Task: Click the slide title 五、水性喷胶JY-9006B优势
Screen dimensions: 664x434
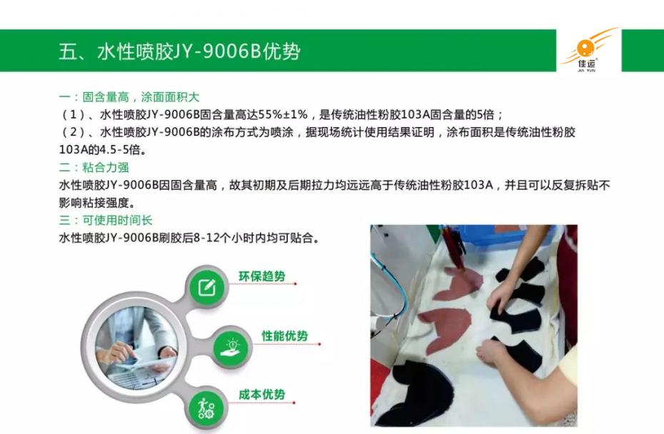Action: [x=179, y=51]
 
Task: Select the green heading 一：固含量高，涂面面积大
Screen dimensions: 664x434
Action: [x=129, y=97]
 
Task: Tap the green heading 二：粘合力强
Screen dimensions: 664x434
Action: [x=94, y=167]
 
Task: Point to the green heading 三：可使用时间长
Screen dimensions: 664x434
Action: [x=106, y=220]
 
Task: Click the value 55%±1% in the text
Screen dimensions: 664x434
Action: [x=283, y=115]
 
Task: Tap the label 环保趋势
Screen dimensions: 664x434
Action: [x=262, y=276]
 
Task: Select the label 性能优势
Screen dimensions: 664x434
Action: [x=285, y=335]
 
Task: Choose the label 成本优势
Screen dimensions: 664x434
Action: [x=262, y=395]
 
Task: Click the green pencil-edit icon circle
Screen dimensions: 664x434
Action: [x=206, y=288]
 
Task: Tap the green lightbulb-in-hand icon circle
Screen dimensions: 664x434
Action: [x=231, y=347]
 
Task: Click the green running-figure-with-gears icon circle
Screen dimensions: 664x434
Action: [x=206, y=409]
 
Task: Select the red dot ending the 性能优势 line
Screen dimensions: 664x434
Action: [x=320, y=344]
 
